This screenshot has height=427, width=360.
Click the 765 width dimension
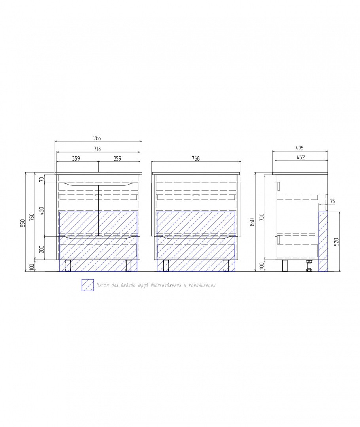(97, 138)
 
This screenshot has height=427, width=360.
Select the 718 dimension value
(97, 149)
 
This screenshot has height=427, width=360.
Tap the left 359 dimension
(76, 158)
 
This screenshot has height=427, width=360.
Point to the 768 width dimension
(196, 158)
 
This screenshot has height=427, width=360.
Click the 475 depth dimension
(299, 148)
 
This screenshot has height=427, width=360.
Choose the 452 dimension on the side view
(301, 157)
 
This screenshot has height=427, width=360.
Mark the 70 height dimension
(41, 179)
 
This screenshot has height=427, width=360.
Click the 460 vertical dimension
(41, 210)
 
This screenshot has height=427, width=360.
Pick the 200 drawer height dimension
(41, 249)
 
